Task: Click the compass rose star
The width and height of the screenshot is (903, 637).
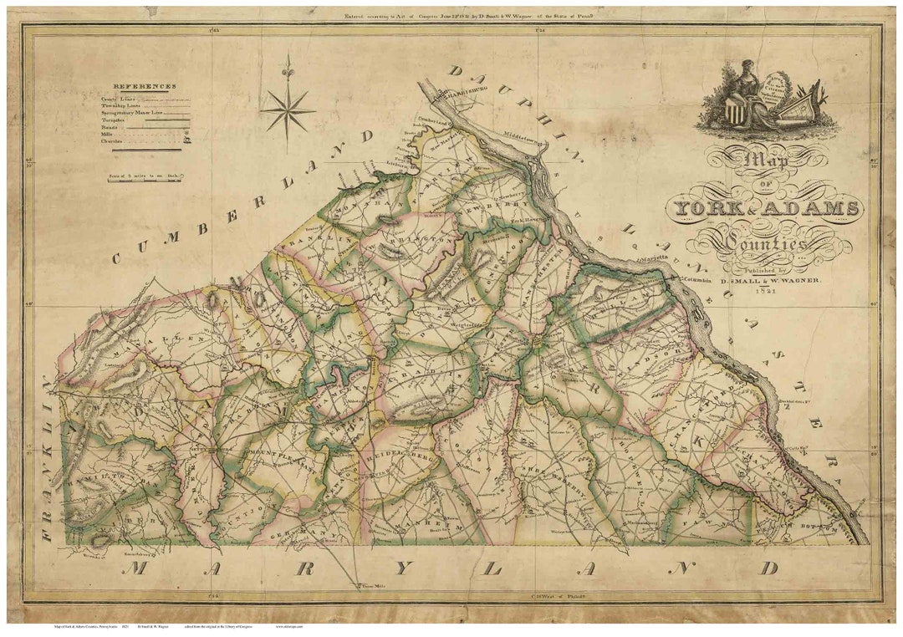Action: pyautogui.click(x=287, y=108)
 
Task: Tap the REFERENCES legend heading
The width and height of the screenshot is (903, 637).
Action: pyautogui.click(x=144, y=86)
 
